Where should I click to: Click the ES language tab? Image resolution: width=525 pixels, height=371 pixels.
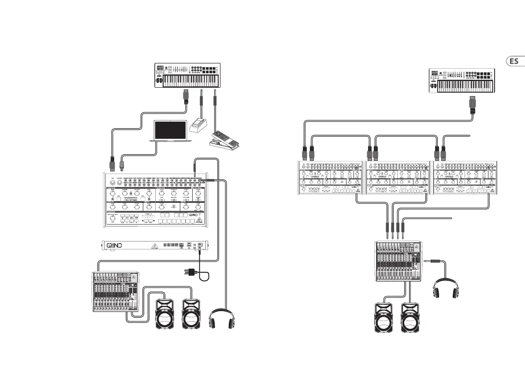pos(514,61)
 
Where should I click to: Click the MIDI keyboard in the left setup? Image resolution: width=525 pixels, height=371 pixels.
pos(187,75)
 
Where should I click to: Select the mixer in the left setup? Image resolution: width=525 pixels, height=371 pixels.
pos(115,292)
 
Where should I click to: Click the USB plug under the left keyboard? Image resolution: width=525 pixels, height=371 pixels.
pos(186,96)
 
